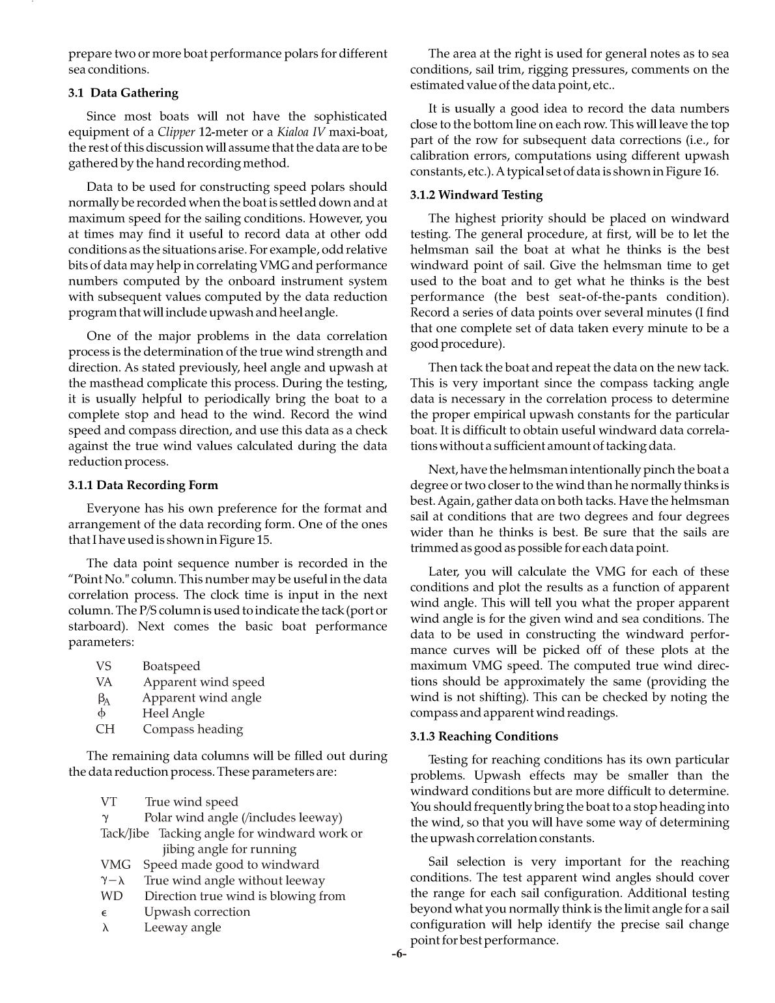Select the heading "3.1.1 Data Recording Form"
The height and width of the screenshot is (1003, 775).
pos(143,485)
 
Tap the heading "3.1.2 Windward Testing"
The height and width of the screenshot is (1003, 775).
pos(476,195)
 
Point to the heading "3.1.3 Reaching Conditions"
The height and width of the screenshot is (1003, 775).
pos(484,737)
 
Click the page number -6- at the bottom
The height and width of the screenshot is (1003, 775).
pos(399,955)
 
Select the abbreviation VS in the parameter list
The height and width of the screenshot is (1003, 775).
pos(104,666)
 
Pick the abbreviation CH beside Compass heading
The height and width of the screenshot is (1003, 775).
pos(105,729)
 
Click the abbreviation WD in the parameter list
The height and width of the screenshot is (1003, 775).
pos(111,896)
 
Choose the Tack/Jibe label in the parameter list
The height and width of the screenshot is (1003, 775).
pos(124,833)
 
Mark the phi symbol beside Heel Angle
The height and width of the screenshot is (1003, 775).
pos(104,713)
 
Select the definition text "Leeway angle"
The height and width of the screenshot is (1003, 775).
pos(182,927)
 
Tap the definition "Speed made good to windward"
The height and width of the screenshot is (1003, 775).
pos(231,865)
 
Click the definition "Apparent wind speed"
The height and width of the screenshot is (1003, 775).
pos(204,682)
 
